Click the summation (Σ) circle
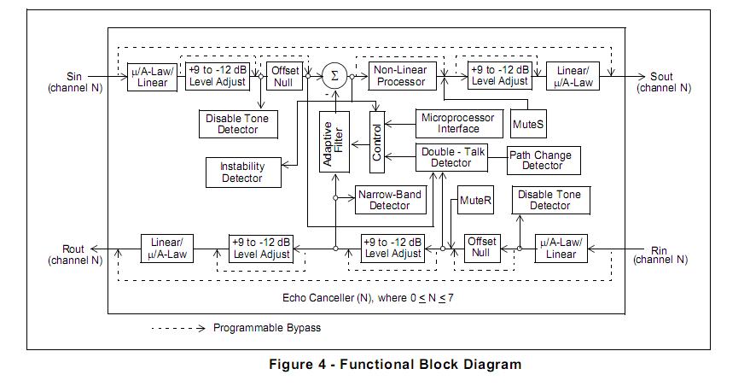334,76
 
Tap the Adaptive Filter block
334,142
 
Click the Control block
377,142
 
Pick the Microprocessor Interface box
458,122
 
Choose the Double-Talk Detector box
451,157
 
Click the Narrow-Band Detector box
389,199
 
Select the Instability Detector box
242,173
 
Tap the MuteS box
528,124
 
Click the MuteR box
475,200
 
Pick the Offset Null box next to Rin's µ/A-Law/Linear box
481,248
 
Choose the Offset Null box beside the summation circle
282,75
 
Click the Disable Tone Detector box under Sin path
238,124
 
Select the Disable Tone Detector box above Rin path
549,200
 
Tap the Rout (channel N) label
73,255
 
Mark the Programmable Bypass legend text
267,328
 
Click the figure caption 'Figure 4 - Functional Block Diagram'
395,365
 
